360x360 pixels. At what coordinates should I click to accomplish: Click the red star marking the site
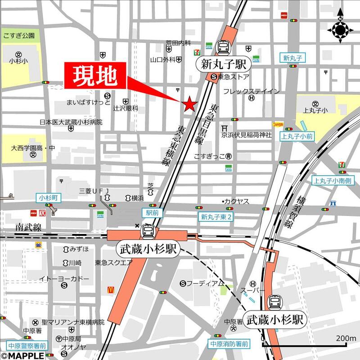[x=189, y=104]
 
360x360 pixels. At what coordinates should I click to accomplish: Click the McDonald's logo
[x=110, y=290]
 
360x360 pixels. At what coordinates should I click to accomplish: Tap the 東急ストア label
[x=234, y=77]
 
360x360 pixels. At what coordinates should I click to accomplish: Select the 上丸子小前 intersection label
[x=297, y=135]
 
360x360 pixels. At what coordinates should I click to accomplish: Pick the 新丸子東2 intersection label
[x=216, y=217]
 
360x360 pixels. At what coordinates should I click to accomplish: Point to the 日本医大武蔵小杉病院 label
[x=71, y=122]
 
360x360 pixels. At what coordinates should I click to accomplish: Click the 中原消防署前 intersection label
[x=229, y=343]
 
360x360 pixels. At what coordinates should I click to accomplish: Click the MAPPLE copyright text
[x=22, y=355]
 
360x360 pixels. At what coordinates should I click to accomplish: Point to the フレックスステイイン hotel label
[x=252, y=91]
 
